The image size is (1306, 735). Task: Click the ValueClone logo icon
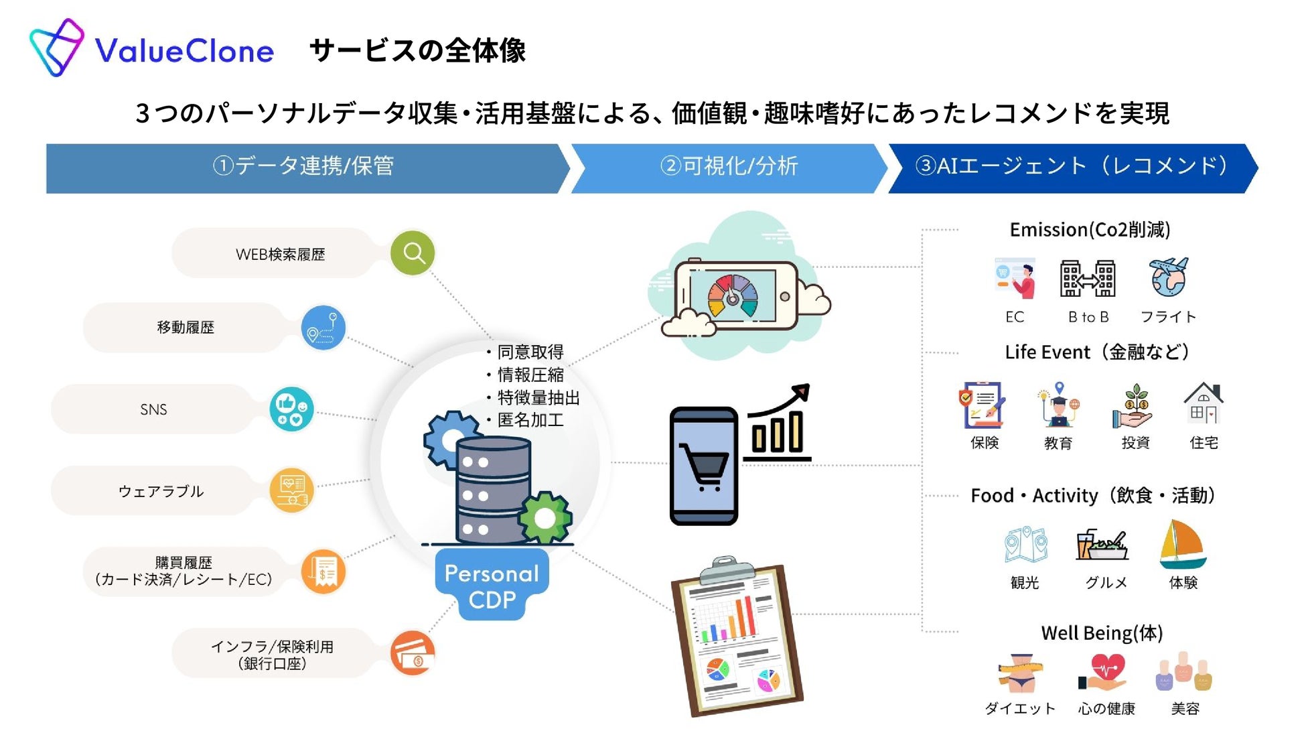(x=56, y=48)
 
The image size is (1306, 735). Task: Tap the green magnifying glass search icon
(x=413, y=253)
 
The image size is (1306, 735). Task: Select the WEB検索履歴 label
(x=280, y=255)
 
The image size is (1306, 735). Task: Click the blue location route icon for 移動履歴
(x=323, y=327)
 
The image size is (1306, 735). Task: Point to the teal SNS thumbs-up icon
(x=291, y=409)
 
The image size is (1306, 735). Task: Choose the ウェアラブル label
(x=161, y=491)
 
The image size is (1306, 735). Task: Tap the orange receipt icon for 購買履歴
(x=323, y=572)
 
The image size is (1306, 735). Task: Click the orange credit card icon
(x=413, y=653)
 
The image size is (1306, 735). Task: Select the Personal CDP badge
(x=492, y=586)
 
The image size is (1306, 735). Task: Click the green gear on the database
(x=545, y=517)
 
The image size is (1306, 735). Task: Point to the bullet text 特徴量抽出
(x=538, y=397)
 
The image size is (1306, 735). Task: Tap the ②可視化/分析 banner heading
(x=729, y=166)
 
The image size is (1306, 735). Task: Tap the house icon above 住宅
(x=1204, y=403)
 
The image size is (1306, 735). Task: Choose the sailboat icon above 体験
(x=1182, y=544)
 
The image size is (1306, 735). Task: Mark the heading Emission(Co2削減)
(x=1090, y=230)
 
